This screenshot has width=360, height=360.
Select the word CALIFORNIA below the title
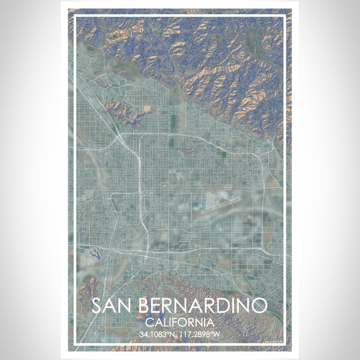tap(179, 322)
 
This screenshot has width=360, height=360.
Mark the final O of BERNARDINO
tap(259, 305)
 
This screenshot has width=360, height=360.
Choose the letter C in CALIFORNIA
tap(148, 322)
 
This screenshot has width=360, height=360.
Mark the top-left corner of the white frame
tap(74, 16)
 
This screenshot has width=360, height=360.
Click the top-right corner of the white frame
tap(285, 16)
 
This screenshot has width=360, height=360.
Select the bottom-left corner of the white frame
tap(74, 344)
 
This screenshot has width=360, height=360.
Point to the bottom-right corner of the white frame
tap(285, 344)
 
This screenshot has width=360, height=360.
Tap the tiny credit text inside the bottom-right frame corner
tap(275, 341)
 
